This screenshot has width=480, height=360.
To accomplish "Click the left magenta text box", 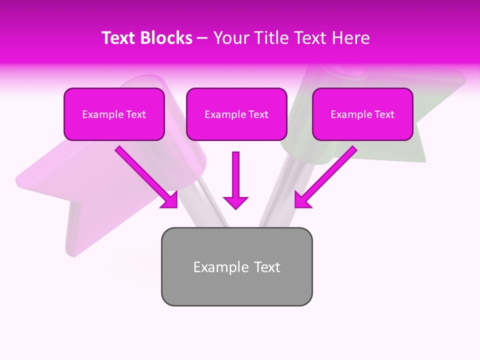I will [x=114, y=114].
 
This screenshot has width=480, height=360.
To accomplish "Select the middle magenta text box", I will [x=236, y=114].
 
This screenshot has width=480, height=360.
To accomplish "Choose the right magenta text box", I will [x=362, y=114].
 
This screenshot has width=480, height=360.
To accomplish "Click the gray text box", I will [x=236, y=266].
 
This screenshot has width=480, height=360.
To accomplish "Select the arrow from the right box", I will [x=327, y=175].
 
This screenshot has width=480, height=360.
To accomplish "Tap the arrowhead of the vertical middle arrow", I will [x=235, y=202].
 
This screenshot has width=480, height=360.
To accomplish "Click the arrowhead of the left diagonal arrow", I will [x=170, y=200].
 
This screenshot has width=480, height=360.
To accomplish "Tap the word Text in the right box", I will [x=384, y=114].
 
